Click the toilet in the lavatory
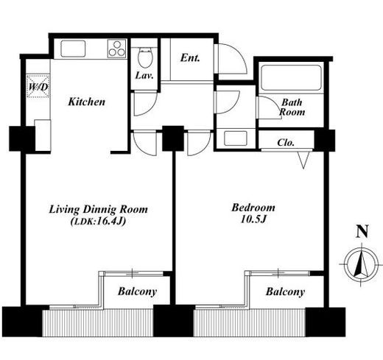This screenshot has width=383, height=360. coord(145,57)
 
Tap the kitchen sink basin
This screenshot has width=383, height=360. coord(73,49)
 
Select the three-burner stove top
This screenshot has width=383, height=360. coord(117,49)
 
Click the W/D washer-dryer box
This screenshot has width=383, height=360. coord(38,86)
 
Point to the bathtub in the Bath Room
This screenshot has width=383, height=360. coord(292,78)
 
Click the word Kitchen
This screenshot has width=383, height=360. coord(86,102)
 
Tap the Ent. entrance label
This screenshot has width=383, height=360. coord(190,58)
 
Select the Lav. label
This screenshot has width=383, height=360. coord(144,75)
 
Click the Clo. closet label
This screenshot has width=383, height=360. coord(286,142)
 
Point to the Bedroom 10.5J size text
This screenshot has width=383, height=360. coord(253,219)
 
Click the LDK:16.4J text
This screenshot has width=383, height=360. coord(98,222)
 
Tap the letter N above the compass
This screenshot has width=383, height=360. coord(362,232)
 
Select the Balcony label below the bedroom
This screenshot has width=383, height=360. coord(285,292)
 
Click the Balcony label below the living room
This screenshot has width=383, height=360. coord(137,292)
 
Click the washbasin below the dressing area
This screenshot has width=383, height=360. coord(236,138)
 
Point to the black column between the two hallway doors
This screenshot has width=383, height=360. coord(173,138)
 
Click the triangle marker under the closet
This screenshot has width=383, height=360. coord(303,160)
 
